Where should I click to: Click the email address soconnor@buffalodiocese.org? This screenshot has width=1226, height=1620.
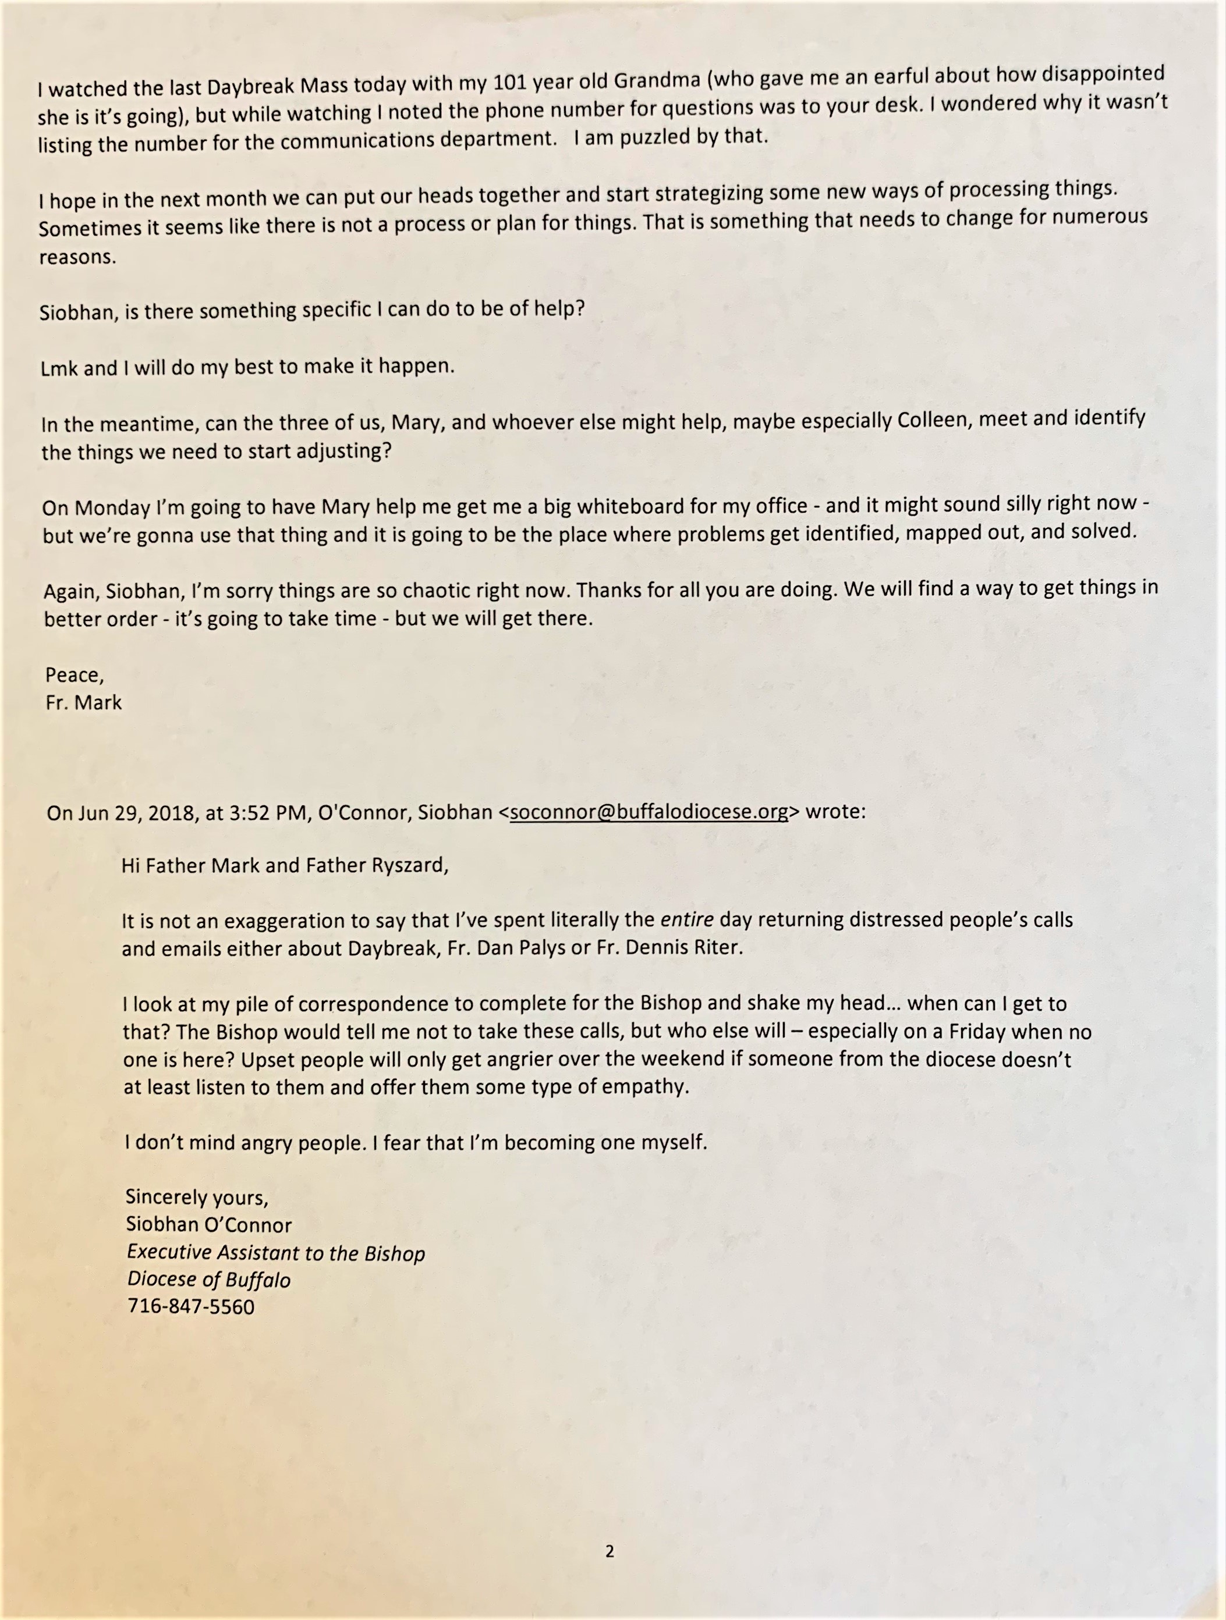649,812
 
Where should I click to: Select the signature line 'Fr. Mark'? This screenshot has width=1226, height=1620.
84,702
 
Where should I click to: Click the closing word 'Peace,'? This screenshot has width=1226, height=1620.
74,674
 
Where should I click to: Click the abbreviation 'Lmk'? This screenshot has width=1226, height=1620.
59,368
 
